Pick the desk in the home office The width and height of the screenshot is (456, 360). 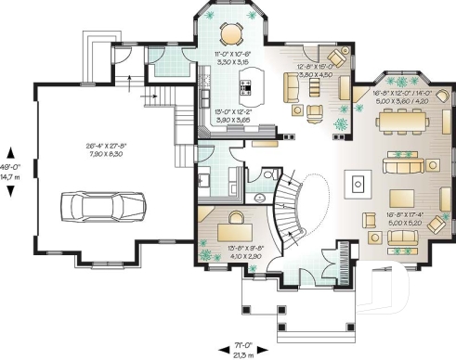pos(230,226)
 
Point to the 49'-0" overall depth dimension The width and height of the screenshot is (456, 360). pos(12,170)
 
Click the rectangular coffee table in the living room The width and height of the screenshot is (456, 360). pos(402,199)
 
